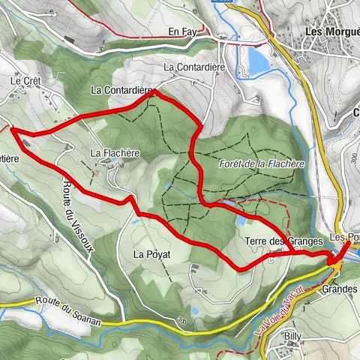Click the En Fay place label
tap(182, 31)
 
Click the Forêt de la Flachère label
tap(262, 163)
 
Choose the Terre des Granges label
tap(283, 241)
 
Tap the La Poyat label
tap(152, 255)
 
